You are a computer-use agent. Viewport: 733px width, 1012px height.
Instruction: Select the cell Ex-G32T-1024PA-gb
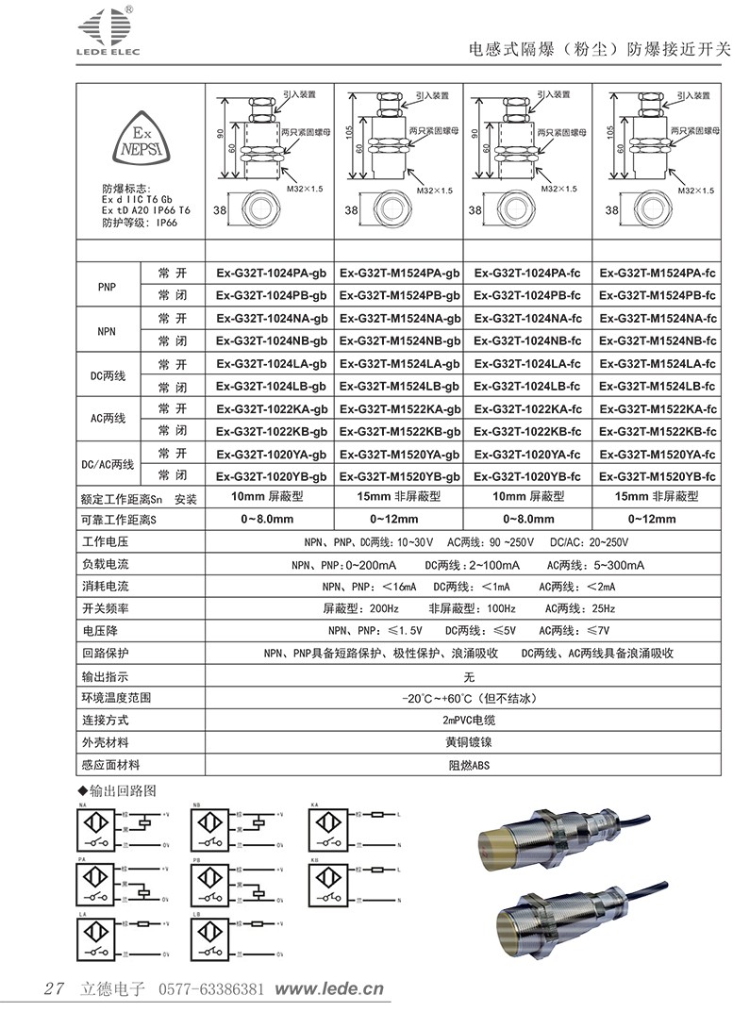click(271, 274)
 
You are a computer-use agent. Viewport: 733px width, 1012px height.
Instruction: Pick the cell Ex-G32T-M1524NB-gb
click(400, 340)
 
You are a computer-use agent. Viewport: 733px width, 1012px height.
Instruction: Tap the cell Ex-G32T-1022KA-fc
click(527, 408)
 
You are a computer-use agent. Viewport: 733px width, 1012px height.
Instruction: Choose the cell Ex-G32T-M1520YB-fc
click(658, 476)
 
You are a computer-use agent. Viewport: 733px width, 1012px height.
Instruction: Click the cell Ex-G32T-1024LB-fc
click(527, 387)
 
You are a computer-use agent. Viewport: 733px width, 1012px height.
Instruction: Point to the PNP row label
click(107, 286)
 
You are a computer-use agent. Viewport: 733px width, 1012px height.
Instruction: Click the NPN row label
click(107, 330)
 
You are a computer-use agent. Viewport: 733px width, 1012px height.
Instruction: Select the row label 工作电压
click(105, 543)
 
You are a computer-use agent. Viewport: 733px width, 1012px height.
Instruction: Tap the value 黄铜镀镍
click(468, 742)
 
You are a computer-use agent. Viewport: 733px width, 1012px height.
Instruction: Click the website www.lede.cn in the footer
click(329, 989)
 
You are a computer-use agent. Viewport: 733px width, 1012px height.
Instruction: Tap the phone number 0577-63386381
click(210, 989)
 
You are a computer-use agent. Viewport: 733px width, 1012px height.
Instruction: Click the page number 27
click(54, 989)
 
